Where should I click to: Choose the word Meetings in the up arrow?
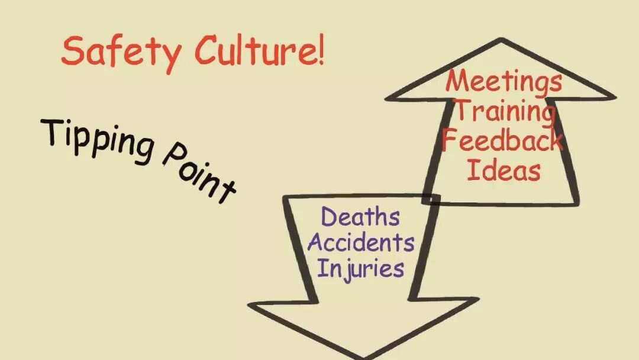(504, 82)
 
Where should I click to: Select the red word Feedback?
(502, 141)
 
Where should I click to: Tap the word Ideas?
(504, 171)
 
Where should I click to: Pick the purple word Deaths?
(360, 216)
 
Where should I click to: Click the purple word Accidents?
(361, 242)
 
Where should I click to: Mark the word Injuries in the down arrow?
(360, 268)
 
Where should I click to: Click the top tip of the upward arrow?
(502, 41)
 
